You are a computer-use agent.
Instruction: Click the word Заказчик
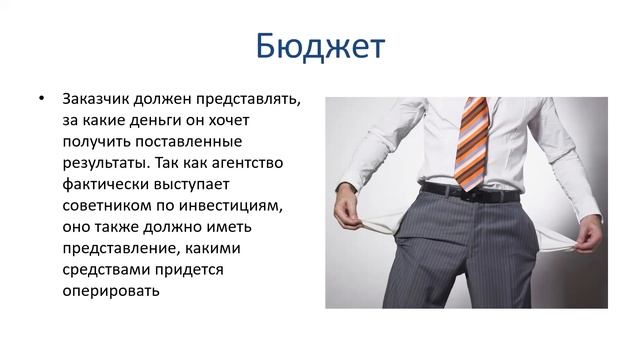coord(95,101)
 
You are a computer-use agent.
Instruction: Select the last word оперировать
coord(109,290)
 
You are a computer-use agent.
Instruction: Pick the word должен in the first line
coord(166,101)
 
